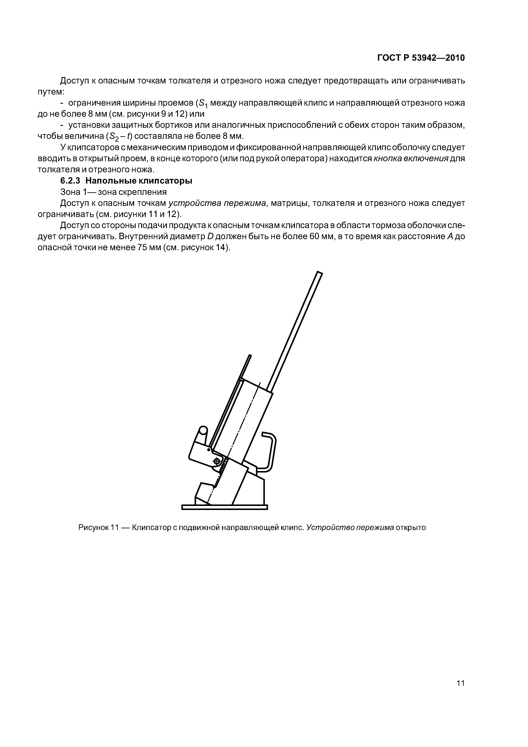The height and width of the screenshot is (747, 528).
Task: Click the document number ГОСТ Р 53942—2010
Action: click(421, 58)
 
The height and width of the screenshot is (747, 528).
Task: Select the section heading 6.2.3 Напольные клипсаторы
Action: click(126, 181)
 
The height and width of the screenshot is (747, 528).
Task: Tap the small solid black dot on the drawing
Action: click(208, 450)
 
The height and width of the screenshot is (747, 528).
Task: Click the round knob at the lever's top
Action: click(203, 430)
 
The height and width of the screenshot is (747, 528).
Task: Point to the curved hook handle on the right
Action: click(272, 452)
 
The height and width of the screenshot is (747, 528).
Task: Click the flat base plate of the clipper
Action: click(224, 507)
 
